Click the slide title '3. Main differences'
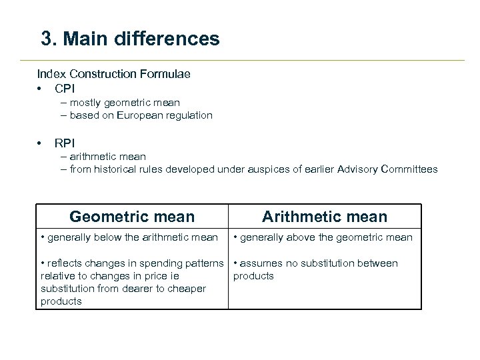130,39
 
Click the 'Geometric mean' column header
132,217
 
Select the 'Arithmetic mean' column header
324,217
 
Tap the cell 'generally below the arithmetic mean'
129,237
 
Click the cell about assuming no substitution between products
315,269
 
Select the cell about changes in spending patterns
131,282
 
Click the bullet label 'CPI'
65,88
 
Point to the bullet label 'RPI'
65,143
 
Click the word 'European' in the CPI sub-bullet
142,115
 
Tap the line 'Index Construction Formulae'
113,74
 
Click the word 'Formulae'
169,74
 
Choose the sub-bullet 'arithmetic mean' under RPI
103,157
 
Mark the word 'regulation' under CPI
189,115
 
